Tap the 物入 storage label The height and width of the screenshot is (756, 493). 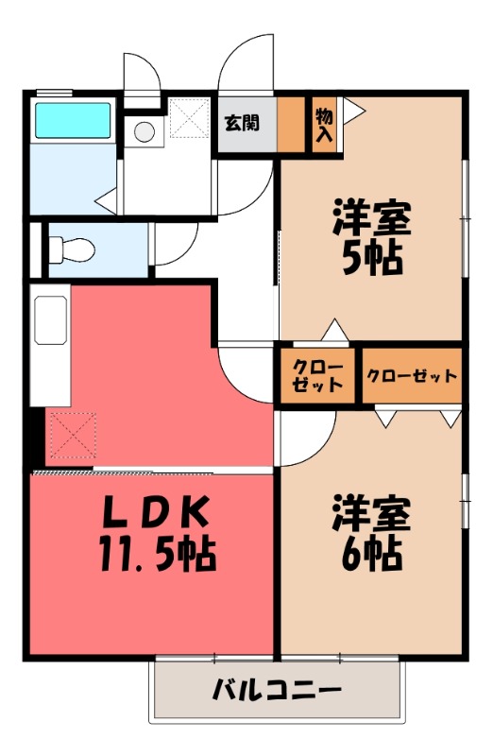point(324,124)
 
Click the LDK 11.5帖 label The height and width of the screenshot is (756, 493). point(156,533)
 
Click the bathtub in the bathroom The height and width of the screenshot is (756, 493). point(72,122)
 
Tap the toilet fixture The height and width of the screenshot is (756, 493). point(72,249)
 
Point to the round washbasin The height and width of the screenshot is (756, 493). point(144,132)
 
